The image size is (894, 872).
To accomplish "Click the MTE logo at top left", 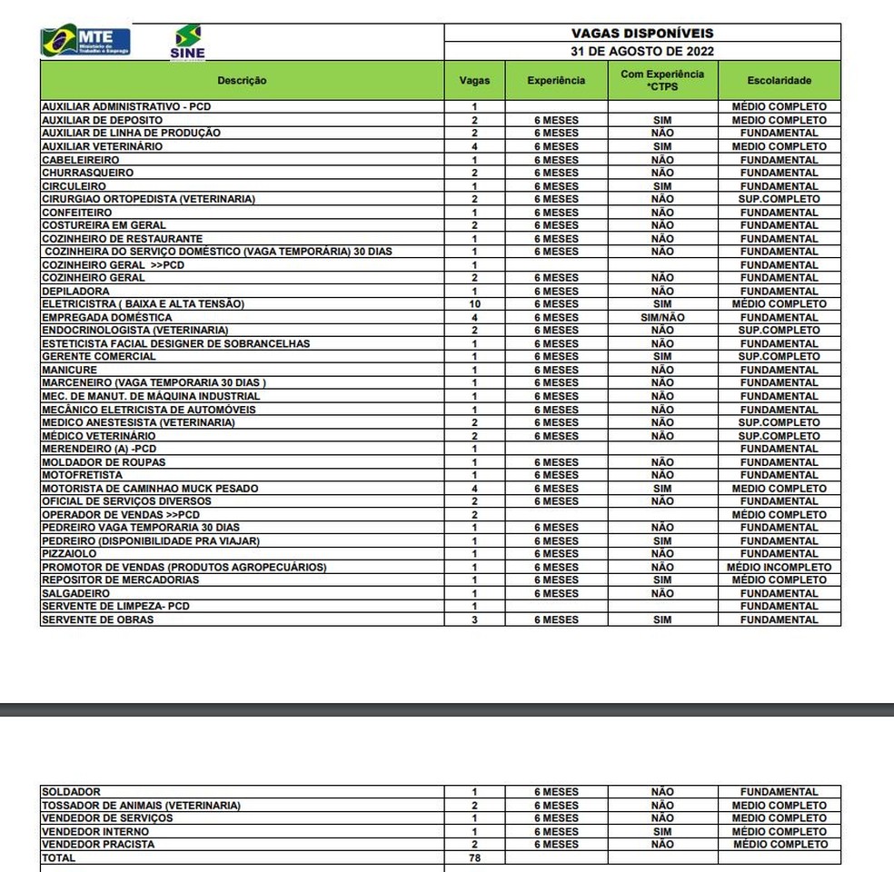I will [85, 41].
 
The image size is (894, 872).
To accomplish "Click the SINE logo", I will [188, 42].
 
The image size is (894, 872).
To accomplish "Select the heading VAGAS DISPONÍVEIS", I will [642, 33].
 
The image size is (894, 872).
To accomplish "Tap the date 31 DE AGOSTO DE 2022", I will [642, 51].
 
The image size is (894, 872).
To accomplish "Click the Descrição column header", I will [242, 81].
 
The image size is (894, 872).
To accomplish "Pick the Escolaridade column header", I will [779, 81].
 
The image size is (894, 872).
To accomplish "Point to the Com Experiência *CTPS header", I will [662, 80].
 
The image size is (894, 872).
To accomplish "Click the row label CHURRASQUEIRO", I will [88, 173].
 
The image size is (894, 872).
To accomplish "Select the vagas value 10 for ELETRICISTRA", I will [474, 303].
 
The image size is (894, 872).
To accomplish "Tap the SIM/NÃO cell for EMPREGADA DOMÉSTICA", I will [662, 317].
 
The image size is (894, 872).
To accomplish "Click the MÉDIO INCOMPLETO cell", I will [779, 567].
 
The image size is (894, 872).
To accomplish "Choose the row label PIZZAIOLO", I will [69, 553].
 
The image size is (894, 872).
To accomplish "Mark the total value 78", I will [474, 857].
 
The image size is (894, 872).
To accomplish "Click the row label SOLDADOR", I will [71, 792].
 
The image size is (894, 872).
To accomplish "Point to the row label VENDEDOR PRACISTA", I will [98, 844].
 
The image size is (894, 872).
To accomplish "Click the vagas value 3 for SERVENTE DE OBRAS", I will [474, 619].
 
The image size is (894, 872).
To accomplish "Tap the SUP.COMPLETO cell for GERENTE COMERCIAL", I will [779, 357].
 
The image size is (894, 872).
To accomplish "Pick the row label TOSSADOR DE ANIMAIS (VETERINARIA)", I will [141, 805].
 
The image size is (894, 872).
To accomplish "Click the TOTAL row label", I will [59, 857].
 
